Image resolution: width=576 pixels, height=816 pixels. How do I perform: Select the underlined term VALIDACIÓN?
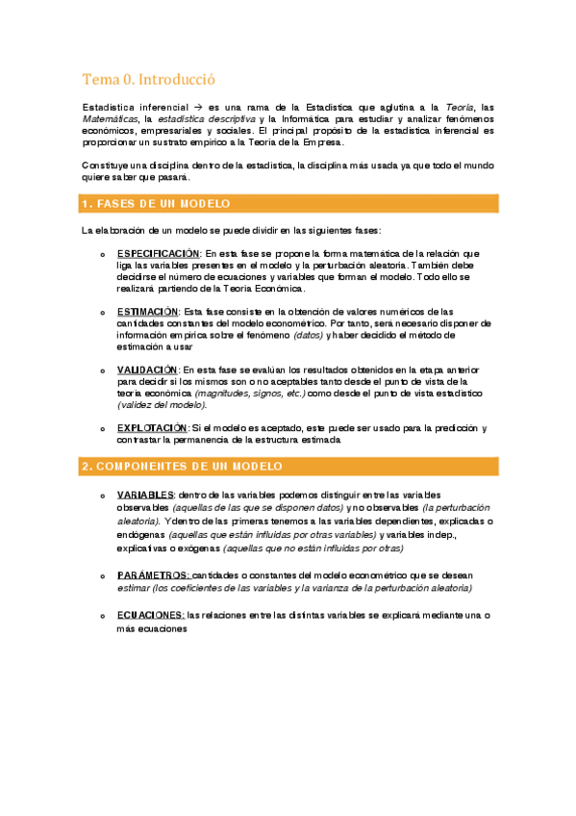pyautogui.click(x=147, y=370)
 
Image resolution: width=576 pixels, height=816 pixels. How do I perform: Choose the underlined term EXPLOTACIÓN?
pyautogui.click(x=152, y=427)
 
